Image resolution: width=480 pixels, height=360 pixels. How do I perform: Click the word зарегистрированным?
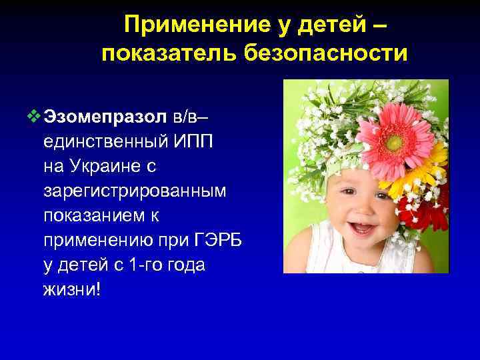[x=135, y=191]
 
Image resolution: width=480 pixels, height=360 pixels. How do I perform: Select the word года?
[x=187, y=265]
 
